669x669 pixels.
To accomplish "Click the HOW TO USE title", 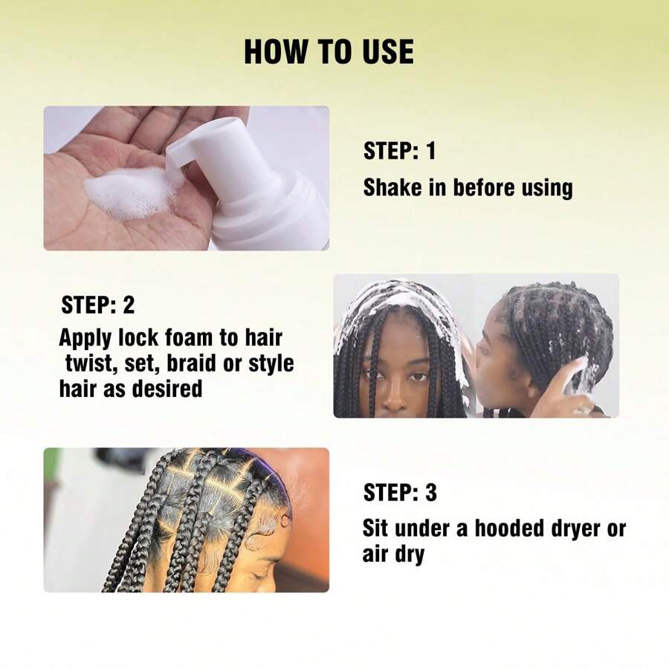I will click(329, 52).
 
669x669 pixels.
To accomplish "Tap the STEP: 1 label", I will click(399, 152).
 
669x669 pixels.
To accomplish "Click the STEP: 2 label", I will click(97, 305).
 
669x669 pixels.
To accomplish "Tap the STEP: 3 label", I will click(400, 492).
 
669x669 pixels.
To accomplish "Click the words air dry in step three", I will click(393, 554).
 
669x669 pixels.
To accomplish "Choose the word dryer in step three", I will click(581, 529).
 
